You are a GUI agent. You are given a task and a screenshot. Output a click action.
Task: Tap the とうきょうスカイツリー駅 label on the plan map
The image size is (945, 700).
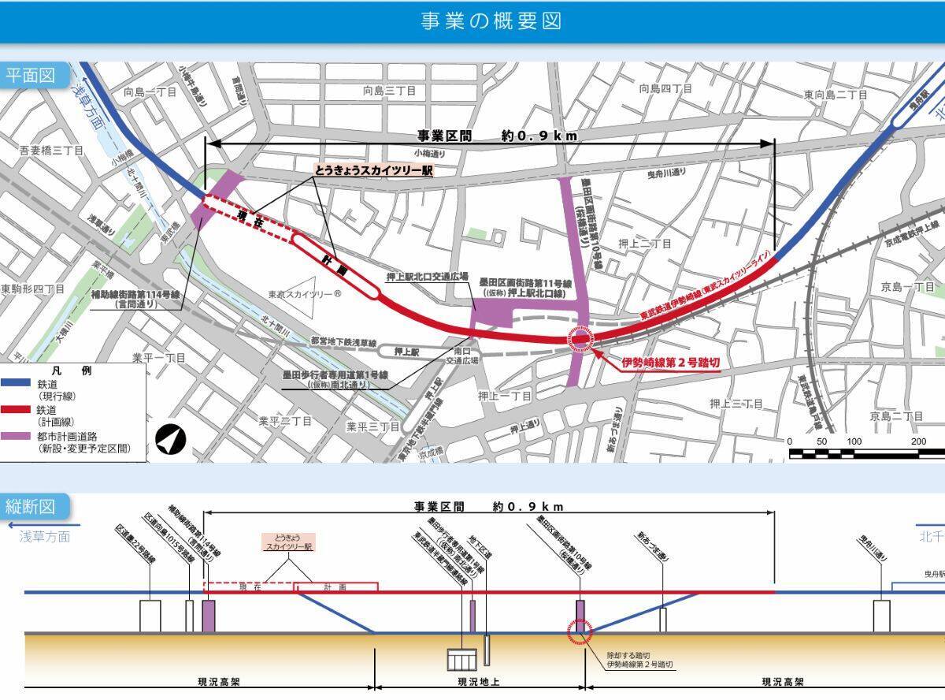373,170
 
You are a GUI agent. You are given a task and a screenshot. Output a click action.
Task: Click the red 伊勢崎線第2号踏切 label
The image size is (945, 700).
670,363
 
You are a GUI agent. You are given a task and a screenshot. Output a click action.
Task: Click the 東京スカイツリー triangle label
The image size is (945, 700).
304,294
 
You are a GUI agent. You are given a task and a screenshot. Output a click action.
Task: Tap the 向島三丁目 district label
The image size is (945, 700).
389,91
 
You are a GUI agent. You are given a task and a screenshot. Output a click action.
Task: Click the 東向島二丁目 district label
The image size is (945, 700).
835,95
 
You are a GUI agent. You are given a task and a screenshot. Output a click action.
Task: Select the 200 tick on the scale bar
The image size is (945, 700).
918,441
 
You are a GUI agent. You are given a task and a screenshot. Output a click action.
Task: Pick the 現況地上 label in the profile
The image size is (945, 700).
479,682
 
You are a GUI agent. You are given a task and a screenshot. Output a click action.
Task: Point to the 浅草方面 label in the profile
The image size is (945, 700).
44,537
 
